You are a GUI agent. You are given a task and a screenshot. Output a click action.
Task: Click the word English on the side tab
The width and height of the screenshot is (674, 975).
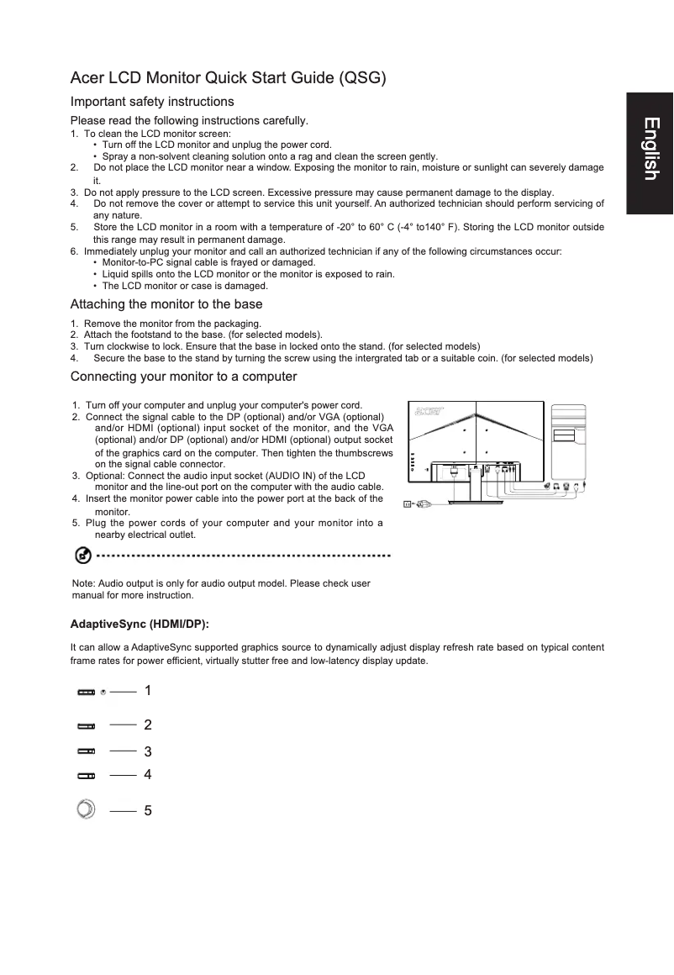tap(650, 150)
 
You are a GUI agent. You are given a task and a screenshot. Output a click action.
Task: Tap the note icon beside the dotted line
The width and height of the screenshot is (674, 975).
tap(83, 556)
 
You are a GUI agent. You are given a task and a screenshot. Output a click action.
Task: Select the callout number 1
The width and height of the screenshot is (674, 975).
tap(148, 690)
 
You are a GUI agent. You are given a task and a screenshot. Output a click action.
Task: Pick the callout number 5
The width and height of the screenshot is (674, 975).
tap(148, 811)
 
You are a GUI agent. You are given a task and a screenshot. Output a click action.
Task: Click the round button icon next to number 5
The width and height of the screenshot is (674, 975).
tap(86, 809)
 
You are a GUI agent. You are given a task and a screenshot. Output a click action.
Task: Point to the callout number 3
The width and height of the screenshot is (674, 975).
tap(148, 751)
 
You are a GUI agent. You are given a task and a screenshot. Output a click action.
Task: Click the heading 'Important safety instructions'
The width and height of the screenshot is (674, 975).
tap(151, 102)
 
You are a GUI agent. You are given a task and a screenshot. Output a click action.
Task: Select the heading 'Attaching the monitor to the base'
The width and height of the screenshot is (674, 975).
tap(166, 304)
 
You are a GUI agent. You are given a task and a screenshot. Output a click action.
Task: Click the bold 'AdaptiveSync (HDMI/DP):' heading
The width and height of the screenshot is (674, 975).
tap(140, 625)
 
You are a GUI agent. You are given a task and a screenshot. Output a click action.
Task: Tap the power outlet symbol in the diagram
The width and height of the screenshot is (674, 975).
tap(408, 504)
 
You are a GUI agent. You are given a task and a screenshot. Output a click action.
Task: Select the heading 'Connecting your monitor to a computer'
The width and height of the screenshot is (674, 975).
tap(183, 376)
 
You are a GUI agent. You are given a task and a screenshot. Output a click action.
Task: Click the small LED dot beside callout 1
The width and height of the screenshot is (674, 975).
tap(102, 693)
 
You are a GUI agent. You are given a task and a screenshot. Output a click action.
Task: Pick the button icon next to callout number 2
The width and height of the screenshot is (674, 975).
tap(87, 725)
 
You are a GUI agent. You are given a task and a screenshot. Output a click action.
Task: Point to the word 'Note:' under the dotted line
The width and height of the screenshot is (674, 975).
tap(84, 583)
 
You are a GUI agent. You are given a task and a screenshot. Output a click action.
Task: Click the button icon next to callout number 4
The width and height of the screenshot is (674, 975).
tap(87, 775)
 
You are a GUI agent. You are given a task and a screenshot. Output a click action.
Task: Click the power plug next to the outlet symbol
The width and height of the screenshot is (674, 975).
tap(424, 504)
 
